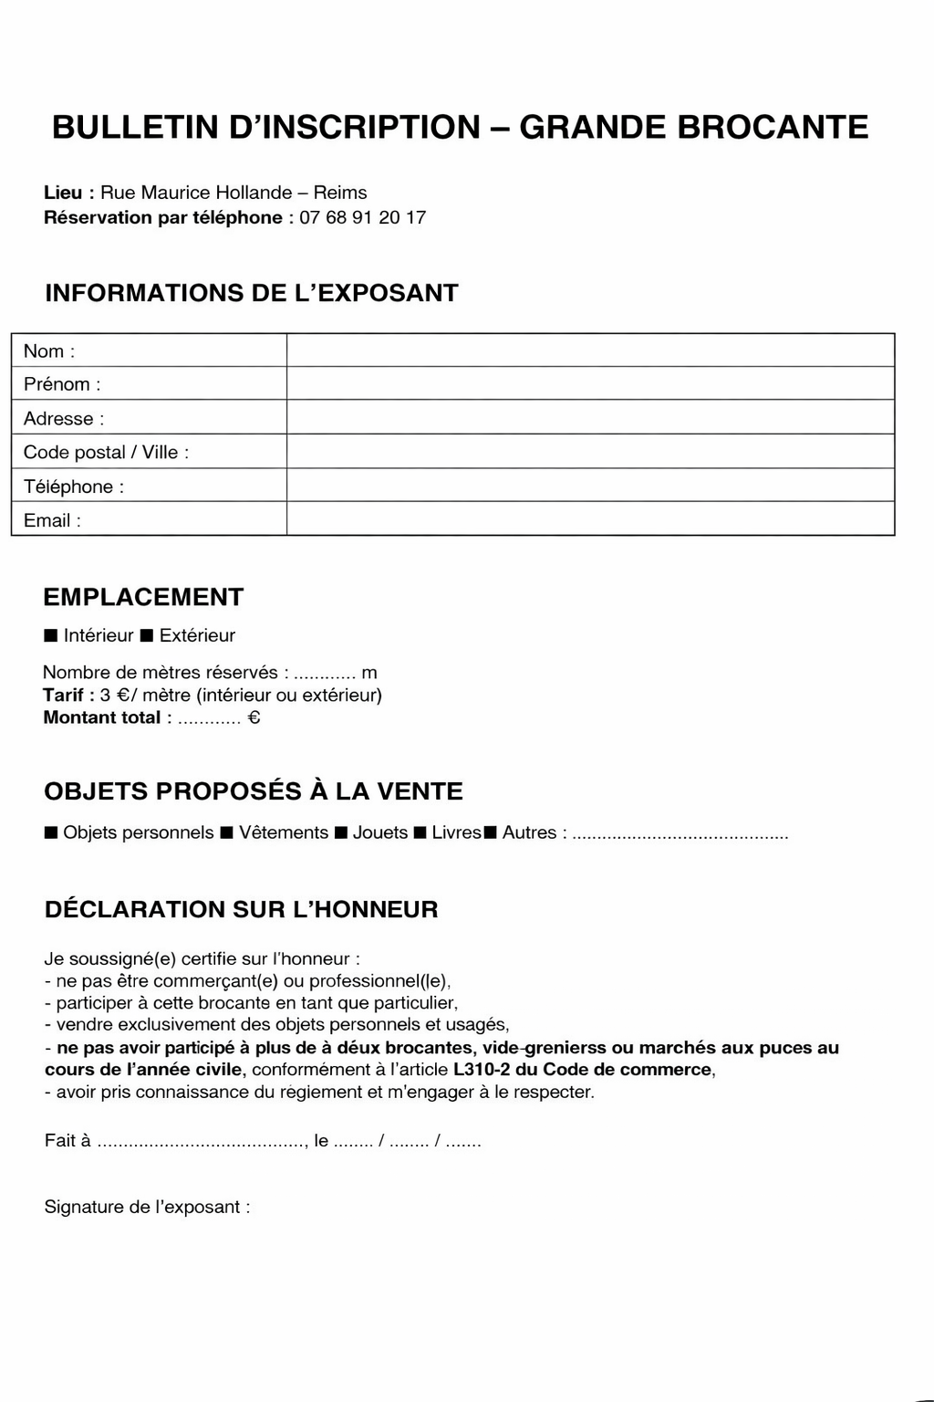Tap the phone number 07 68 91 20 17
(362, 217)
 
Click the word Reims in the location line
(340, 193)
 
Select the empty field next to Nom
(590, 350)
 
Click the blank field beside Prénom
(590, 383)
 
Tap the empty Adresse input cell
(590, 417)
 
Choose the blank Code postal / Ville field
(590, 451)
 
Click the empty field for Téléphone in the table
(590, 485)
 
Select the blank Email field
(590, 518)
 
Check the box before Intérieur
(51, 635)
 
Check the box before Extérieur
(147, 635)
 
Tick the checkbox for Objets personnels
(51, 832)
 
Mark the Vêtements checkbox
(227, 832)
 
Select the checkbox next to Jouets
(341, 832)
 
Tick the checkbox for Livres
(420, 832)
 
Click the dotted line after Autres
(680, 835)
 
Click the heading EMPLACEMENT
(143, 597)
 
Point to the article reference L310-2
(482, 1070)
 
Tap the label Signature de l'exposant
(147, 1207)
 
